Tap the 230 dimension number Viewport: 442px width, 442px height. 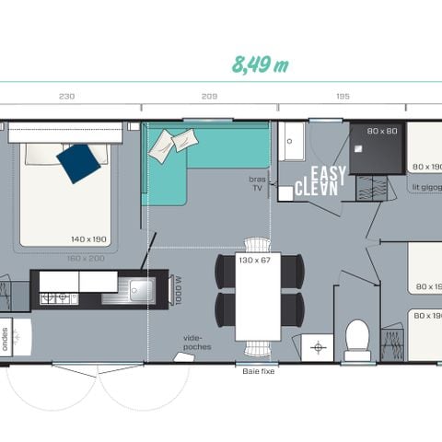tap(67, 96)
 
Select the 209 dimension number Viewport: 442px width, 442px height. tap(209, 96)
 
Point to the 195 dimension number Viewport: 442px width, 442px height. tap(342, 96)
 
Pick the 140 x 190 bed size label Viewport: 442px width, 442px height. tap(89, 239)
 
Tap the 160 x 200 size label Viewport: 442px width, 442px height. tap(91, 259)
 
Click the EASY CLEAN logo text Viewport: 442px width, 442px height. tap(326, 182)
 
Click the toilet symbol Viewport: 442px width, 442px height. tap(357, 337)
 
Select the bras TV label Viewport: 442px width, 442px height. tap(257, 182)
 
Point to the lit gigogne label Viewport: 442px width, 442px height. tap(425, 186)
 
